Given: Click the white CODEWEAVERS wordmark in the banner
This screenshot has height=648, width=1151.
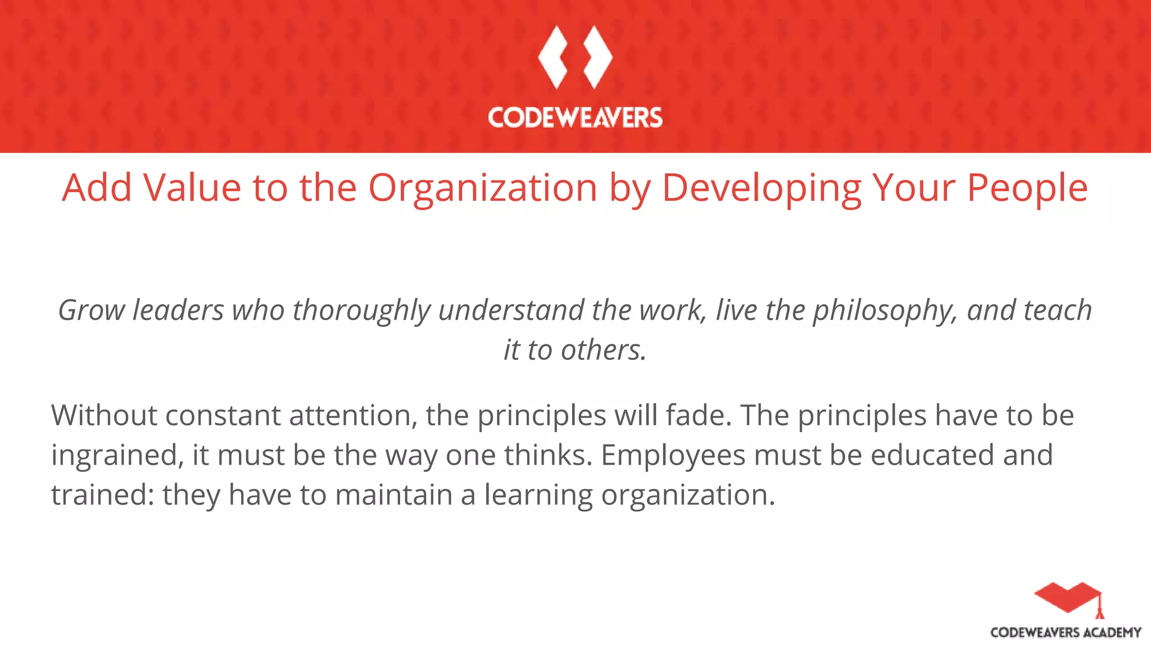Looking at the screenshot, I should [x=575, y=118].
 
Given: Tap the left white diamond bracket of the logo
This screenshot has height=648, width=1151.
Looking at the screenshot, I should [x=552, y=57].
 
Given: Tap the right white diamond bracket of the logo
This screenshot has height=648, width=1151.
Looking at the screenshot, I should [x=597, y=57].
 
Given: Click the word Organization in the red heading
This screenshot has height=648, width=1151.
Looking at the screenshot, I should [x=482, y=188].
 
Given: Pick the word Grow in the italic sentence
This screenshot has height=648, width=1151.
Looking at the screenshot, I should [x=92, y=310].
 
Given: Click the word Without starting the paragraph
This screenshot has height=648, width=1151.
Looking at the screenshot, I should [x=104, y=416].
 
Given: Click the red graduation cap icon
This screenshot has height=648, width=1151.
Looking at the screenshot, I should [x=1067, y=597].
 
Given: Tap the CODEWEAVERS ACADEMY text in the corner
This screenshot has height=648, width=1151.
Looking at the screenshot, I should [x=1066, y=633].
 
